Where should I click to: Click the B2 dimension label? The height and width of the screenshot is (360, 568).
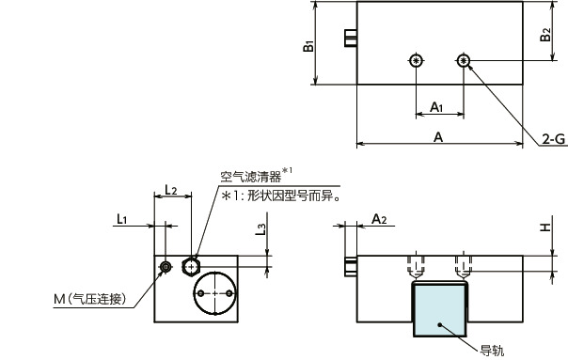546,35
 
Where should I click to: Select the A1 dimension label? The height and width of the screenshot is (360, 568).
437,107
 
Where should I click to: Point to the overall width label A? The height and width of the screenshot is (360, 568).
438,136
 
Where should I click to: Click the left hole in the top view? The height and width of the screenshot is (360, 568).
415,62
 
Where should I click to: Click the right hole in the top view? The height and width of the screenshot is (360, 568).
464,62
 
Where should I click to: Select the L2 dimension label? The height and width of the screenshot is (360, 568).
172,189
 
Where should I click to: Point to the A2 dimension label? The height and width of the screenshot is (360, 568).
380,218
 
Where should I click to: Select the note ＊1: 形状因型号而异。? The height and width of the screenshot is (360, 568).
280,196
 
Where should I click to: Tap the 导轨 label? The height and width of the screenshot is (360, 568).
492,352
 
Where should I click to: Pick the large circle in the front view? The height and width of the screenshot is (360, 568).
215,294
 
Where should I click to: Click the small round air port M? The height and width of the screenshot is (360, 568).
167,267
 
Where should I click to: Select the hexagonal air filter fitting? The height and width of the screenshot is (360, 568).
194,264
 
